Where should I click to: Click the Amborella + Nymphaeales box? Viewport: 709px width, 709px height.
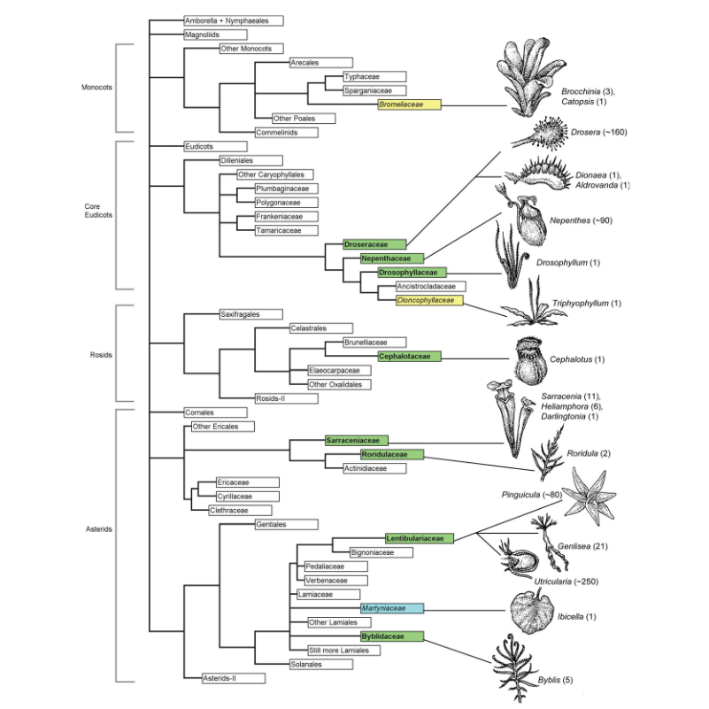(x=232, y=19)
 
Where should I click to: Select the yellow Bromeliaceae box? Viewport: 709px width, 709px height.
(x=408, y=104)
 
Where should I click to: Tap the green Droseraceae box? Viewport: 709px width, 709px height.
(x=374, y=243)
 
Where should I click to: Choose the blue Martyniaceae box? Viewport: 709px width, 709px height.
(x=391, y=608)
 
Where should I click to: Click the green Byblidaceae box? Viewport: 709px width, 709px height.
(x=391, y=636)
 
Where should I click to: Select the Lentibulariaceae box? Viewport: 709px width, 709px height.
(x=419, y=537)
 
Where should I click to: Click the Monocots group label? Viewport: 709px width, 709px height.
(x=96, y=88)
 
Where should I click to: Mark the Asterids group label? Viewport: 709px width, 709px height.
(x=96, y=529)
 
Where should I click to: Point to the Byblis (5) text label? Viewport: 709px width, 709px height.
(x=556, y=680)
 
